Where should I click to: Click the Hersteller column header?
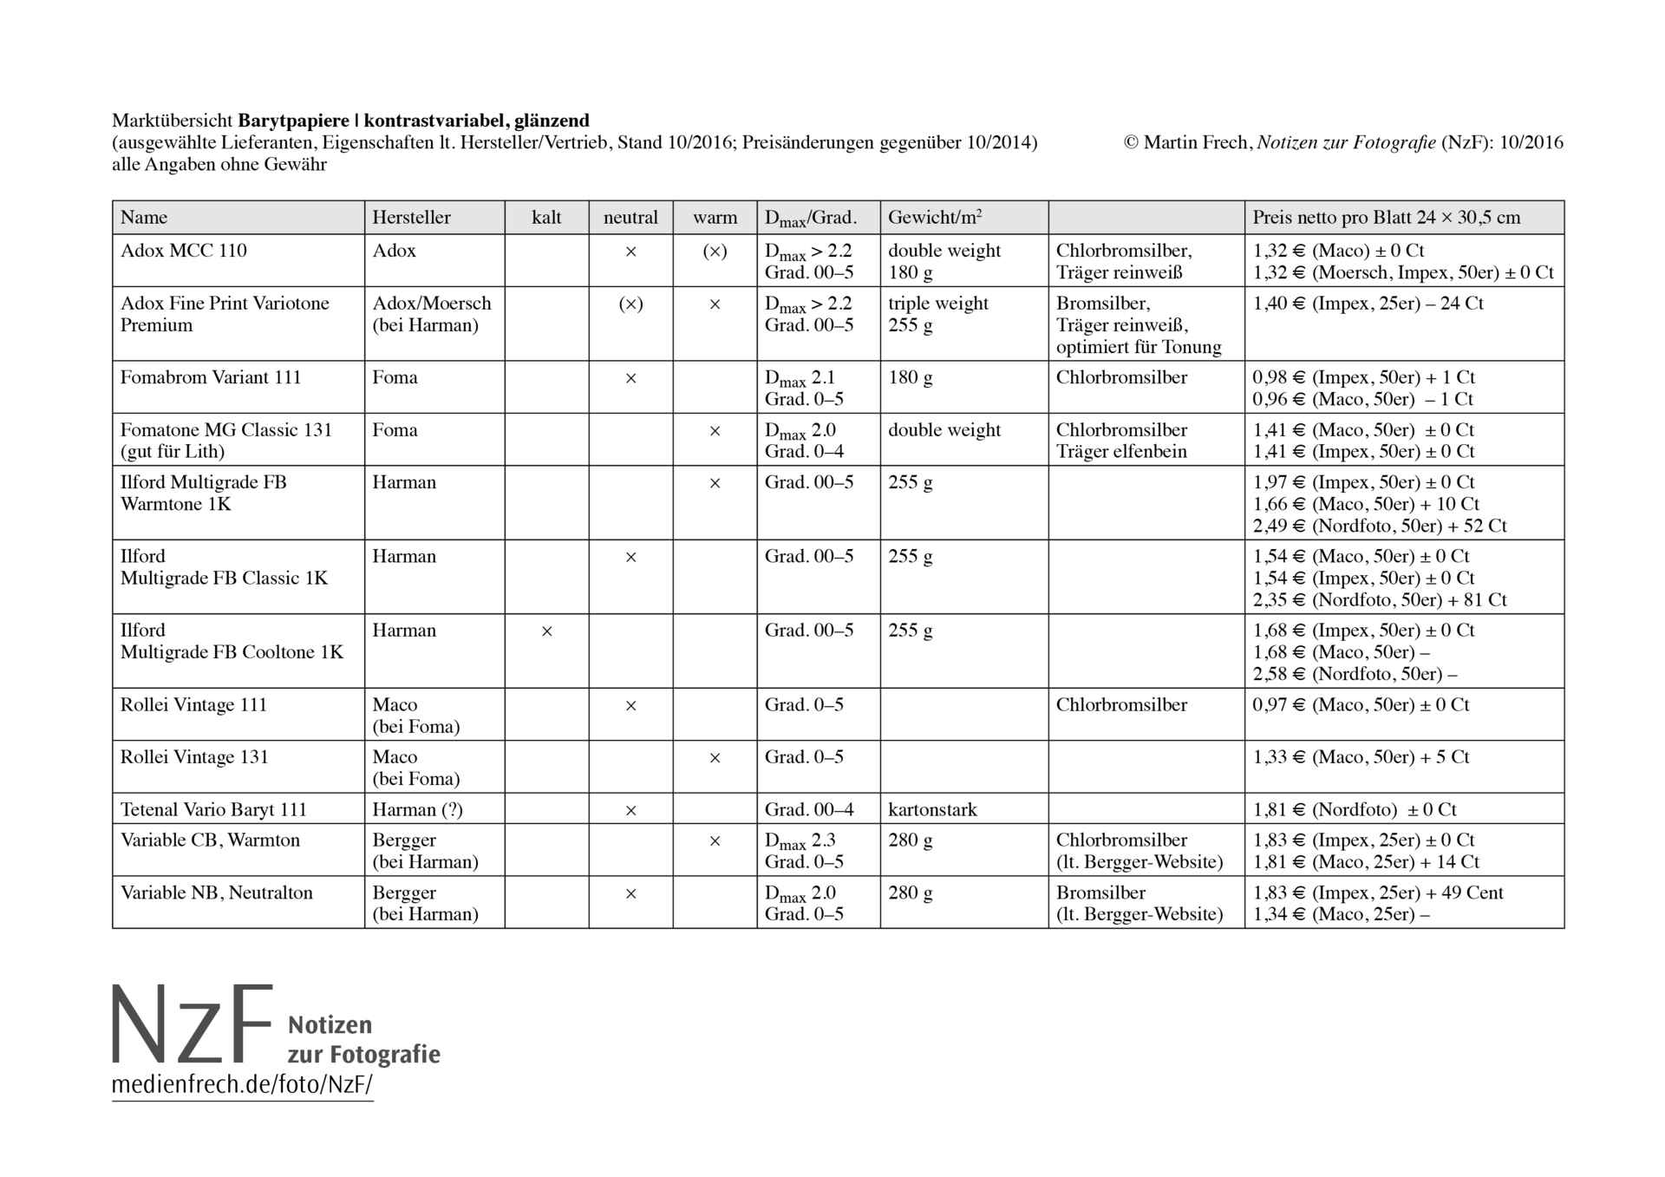411,218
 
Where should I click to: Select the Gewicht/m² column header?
934,218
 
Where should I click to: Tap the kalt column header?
546,218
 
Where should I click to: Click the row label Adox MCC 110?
184,251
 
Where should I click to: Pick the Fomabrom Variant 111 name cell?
211,377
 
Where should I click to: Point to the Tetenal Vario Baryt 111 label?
213,809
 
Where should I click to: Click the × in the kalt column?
546,631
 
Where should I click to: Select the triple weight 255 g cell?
938,314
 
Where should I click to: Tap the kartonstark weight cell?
932,809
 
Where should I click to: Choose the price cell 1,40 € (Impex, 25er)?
1368,304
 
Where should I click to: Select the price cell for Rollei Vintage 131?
1361,757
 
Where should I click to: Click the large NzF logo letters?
193,1025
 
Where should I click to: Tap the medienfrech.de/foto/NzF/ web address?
242,1085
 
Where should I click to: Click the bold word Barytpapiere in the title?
294,121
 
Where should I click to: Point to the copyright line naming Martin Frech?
1343,142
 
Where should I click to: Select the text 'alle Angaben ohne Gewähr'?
219,165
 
